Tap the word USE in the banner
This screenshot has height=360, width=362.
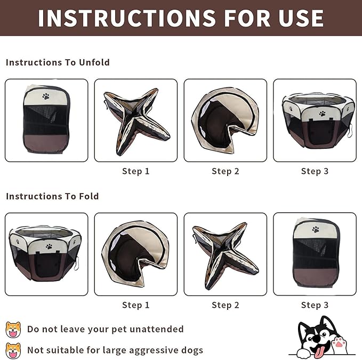pyautogui.click(x=301, y=18)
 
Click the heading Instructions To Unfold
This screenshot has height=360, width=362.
pyautogui.click(x=58, y=62)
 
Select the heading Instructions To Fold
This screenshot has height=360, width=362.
pyautogui.click(x=52, y=196)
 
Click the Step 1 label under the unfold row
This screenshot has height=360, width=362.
pyautogui.click(x=136, y=171)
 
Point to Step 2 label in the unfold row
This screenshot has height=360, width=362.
pyautogui.click(x=226, y=171)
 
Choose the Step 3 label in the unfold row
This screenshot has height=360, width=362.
pyautogui.click(x=315, y=171)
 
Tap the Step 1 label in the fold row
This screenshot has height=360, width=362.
pyautogui.click(x=136, y=305)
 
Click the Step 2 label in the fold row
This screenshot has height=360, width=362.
pyautogui.click(x=226, y=305)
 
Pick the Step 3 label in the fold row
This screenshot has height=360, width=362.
pyautogui.click(x=315, y=305)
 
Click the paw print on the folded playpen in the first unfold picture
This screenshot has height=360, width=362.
pyautogui.click(x=46, y=97)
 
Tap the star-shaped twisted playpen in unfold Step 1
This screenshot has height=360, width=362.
pyautogui.click(x=136, y=121)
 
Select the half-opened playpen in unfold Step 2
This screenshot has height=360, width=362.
pyautogui.click(x=225, y=120)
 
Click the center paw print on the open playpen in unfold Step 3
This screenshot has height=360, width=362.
pyautogui.click(x=323, y=114)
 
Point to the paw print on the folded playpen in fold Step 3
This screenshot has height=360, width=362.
pyautogui.click(x=316, y=229)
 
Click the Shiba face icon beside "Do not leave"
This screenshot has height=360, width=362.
pyautogui.click(x=13, y=330)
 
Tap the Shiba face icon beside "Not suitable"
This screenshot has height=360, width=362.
pyautogui.click(x=13, y=351)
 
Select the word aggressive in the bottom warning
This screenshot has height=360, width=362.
pyautogui.click(x=154, y=350)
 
